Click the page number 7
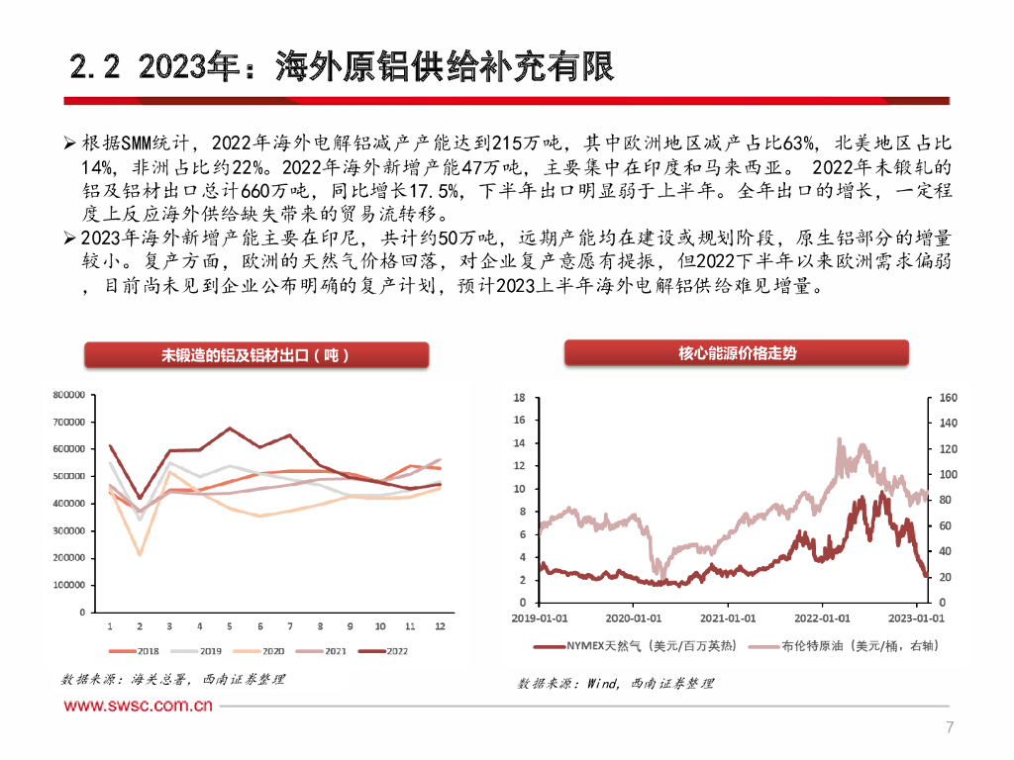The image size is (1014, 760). click(950, 728)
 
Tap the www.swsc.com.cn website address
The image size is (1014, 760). click(139, 706)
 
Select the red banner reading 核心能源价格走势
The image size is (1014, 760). click(737, 353)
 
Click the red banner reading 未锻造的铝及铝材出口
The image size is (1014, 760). click(256, 356)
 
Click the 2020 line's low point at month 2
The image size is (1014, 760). click(140, 554)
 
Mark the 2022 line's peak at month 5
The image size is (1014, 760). click(230, 428)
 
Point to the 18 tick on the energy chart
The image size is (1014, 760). click(518, 398)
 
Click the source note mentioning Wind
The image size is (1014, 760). click(614, 684)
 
